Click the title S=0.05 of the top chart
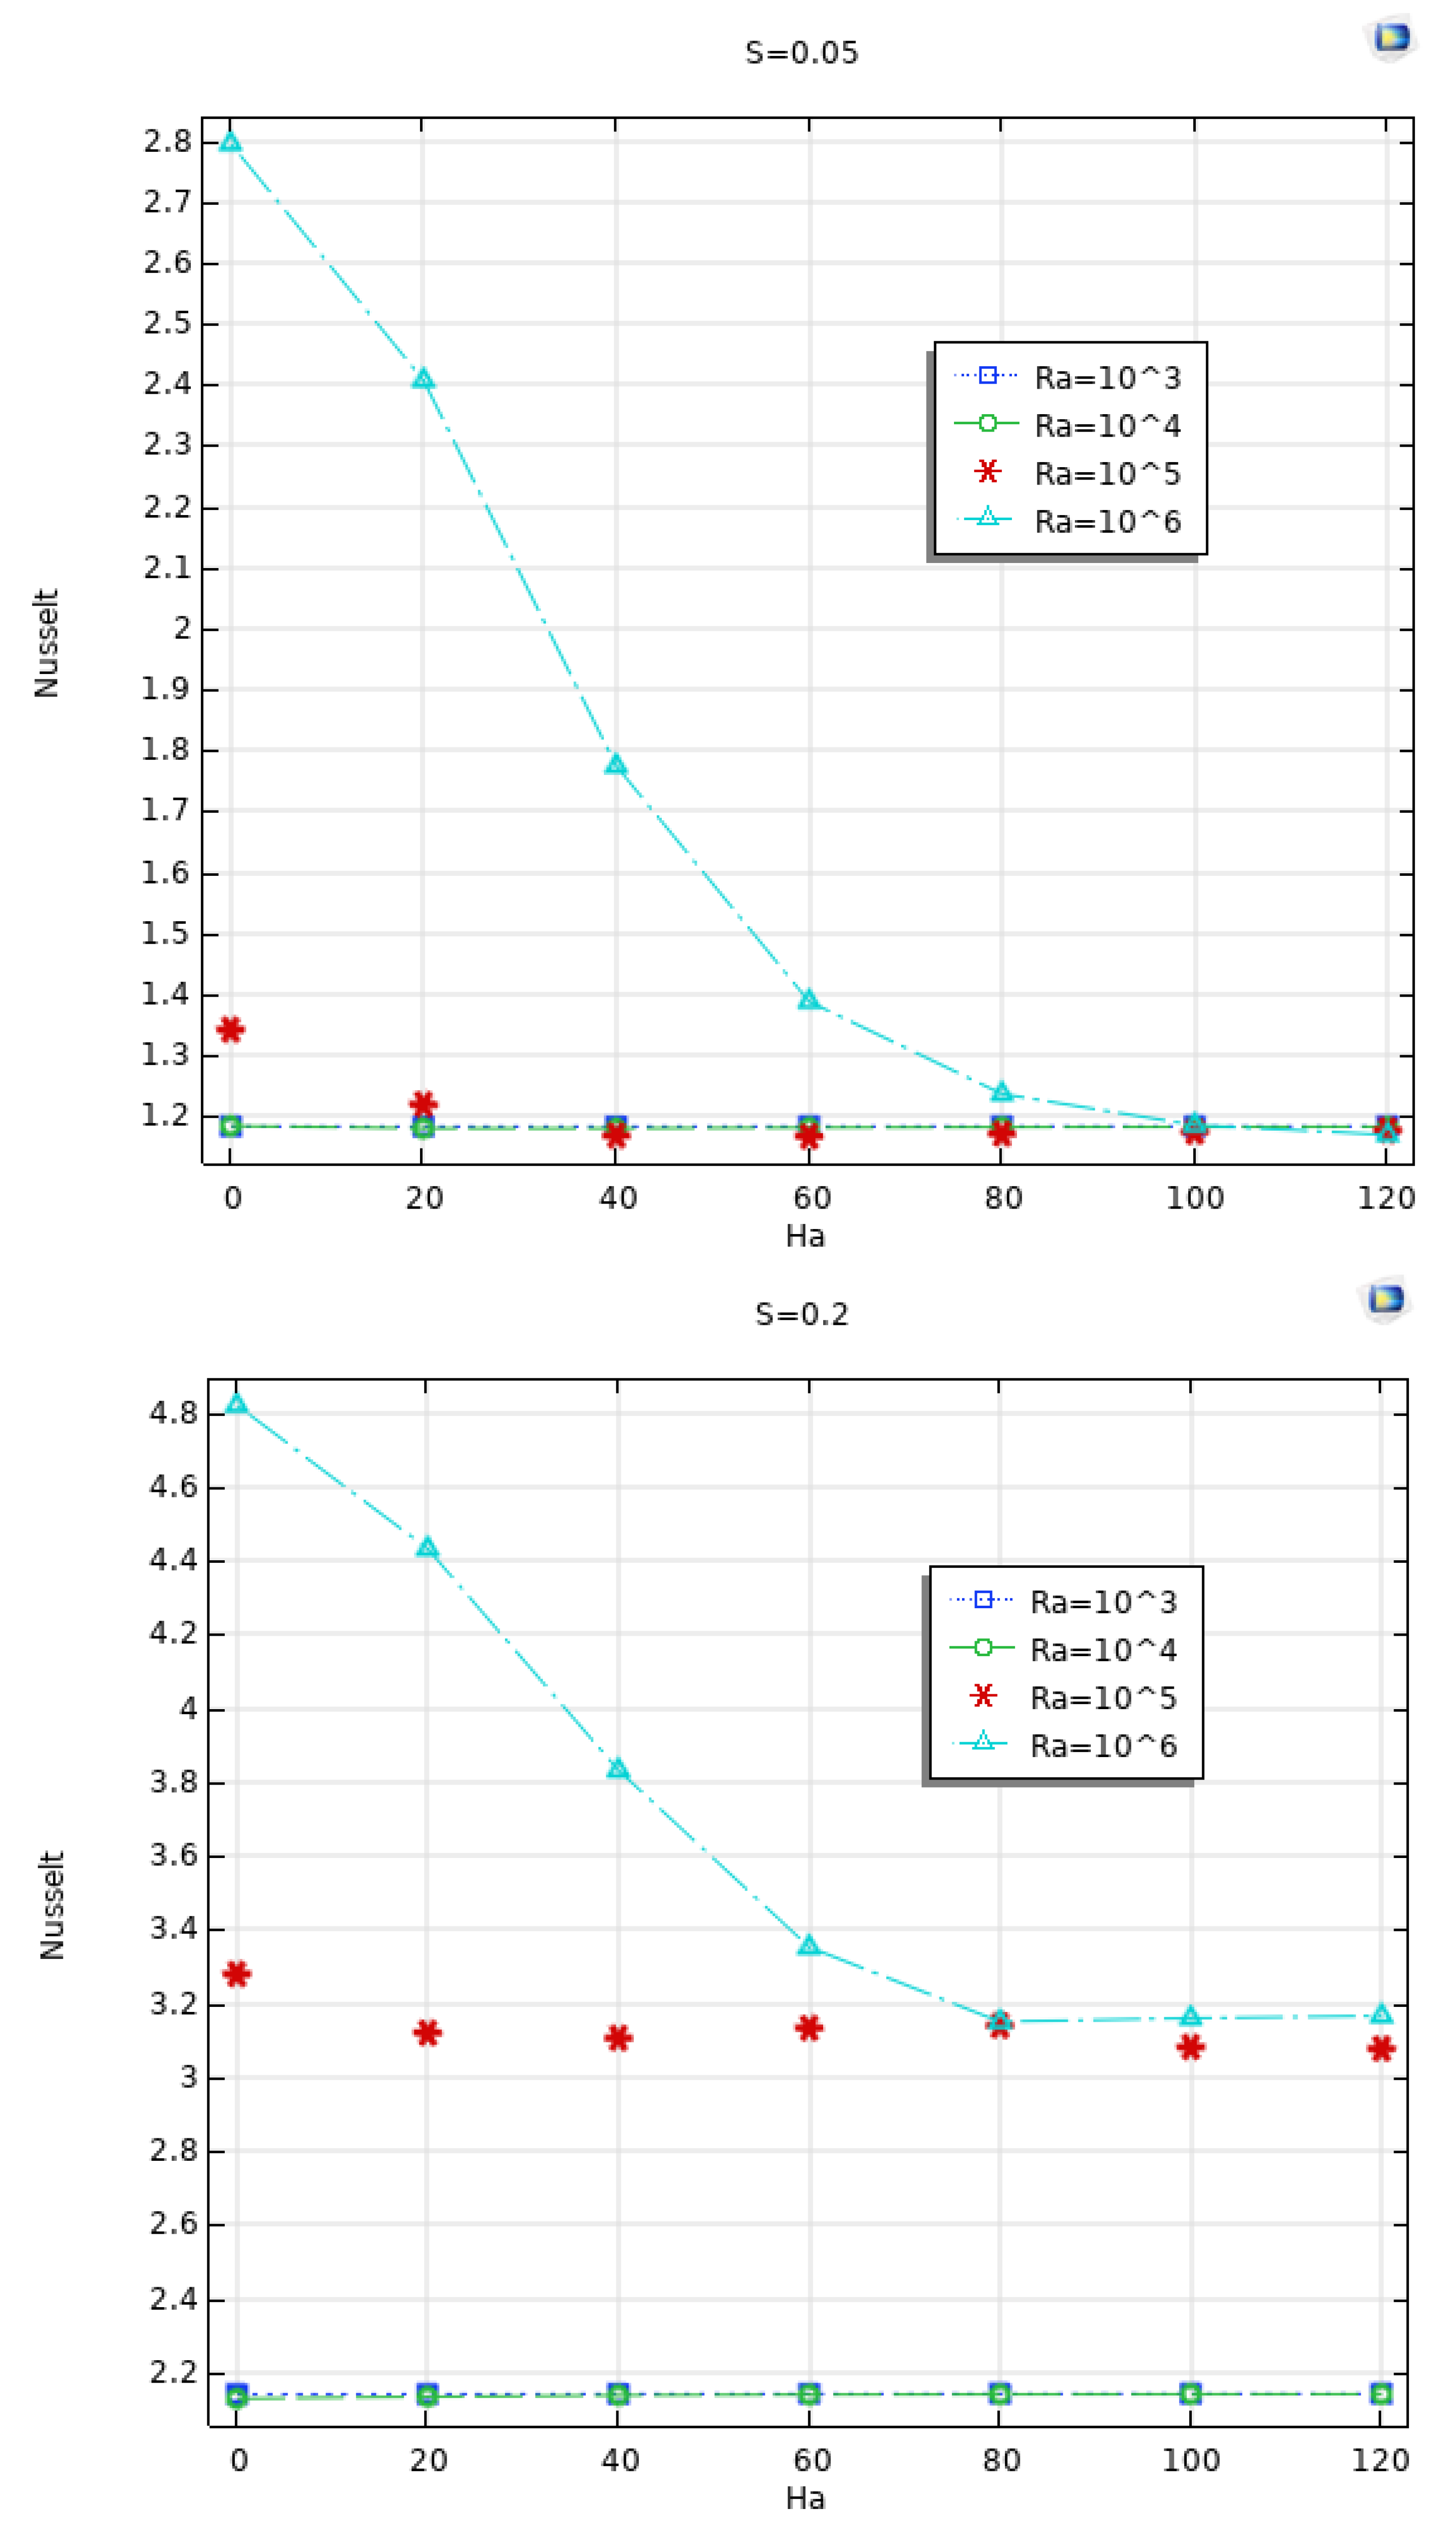tap(801, 52)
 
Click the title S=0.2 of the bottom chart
tap(801, 1314)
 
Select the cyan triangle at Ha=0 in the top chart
tap(230, 142)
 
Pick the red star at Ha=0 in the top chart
tap(230, 1030)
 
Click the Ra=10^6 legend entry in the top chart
tap(1107, 522)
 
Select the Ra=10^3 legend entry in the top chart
tap(1107, 377)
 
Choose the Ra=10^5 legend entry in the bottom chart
tap(1103, 1698)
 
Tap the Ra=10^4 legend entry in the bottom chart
tap(1103, 1649)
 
